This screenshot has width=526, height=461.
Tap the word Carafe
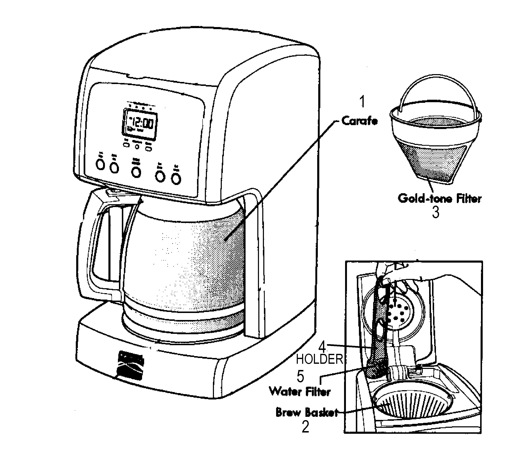360,121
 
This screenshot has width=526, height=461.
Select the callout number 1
362,102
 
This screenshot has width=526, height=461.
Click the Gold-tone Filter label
439,199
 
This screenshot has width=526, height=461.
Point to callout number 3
435,212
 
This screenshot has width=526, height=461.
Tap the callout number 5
300,376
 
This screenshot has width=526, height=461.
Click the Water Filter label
300,392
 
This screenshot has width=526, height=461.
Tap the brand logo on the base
131,365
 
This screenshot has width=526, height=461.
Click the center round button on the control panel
136,172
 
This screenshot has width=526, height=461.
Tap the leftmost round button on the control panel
100,165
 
